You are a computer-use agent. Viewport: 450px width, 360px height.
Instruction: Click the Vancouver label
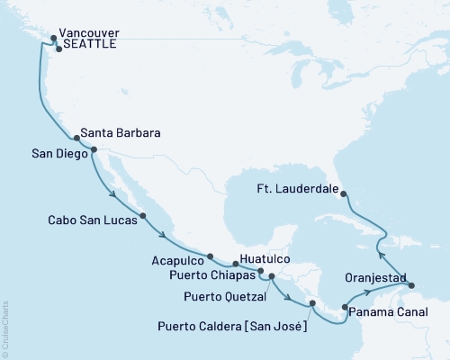coord(89,34)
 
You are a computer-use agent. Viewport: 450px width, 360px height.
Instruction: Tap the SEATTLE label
coord(89,49)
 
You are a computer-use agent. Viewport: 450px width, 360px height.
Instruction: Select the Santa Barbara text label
coord(121,132)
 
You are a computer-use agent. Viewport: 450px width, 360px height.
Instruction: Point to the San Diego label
coord(55,154)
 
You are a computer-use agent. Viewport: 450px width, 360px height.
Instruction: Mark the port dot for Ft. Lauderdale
coord(345,191)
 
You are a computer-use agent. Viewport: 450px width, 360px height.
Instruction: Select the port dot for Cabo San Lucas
coord(144,216)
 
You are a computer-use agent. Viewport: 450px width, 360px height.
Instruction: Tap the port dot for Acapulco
coord(210,256)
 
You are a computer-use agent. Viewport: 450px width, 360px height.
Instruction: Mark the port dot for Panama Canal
coord(345,309)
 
